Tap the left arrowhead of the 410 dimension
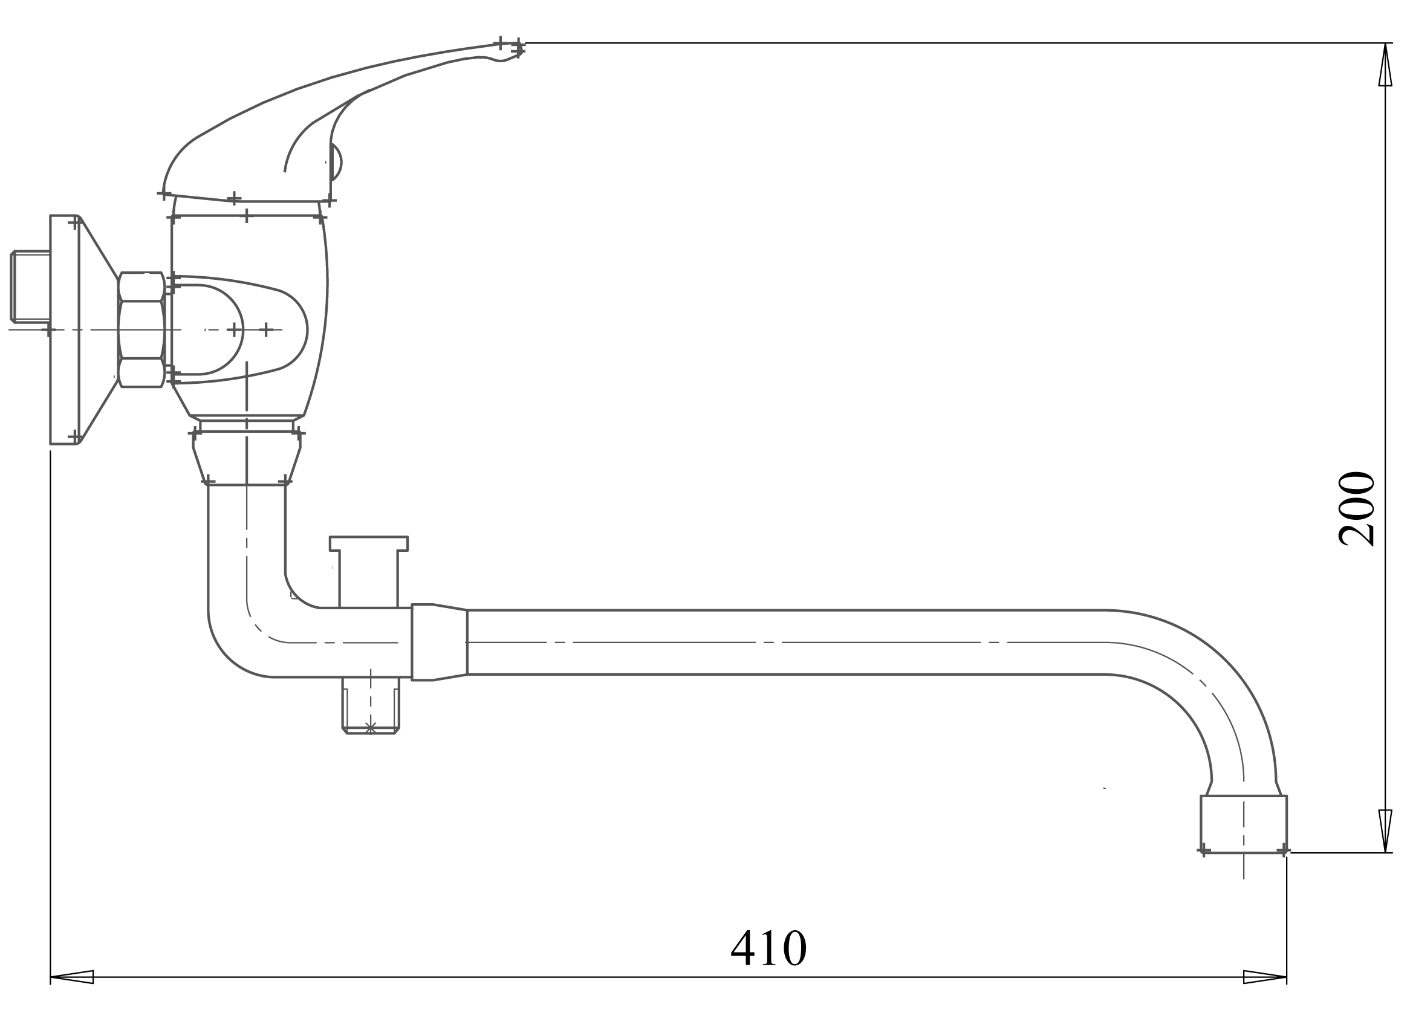pos(71,977)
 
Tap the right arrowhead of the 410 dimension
pos(1265,977)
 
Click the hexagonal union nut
pos(141,329)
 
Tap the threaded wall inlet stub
pos(30,286)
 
